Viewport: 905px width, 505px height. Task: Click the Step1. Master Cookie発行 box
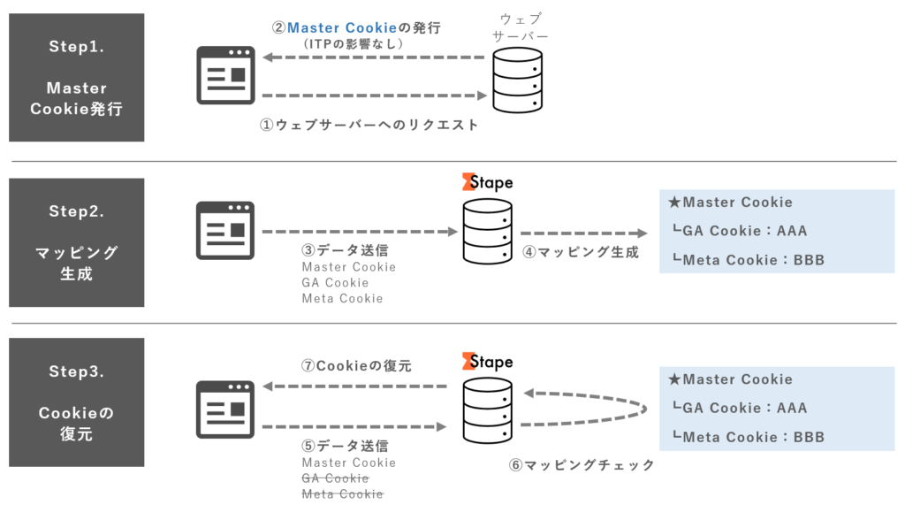pos(77,77)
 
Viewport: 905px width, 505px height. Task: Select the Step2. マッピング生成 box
pos(77,242)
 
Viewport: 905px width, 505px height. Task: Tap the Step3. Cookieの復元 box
pos(77,402)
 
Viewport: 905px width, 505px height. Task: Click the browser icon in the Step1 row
pos(225,75)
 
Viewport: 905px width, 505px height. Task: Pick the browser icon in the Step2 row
pos(225,230)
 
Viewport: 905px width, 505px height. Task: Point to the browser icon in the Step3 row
pos(225,409)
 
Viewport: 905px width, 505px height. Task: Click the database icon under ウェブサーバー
pos(517,80)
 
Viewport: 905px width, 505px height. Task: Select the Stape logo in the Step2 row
pos(487,182)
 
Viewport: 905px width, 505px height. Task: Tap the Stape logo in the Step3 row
pos(487,361)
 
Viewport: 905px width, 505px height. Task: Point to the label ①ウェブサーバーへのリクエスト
pos(369,126)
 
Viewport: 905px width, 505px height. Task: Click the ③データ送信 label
pos(346,250)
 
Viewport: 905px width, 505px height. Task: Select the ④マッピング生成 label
pos(581,252)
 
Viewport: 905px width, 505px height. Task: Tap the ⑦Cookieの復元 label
pos(357,366)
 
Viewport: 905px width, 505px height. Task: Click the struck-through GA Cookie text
pos(335,478)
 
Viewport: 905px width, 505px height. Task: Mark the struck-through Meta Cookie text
pos(342,494)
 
